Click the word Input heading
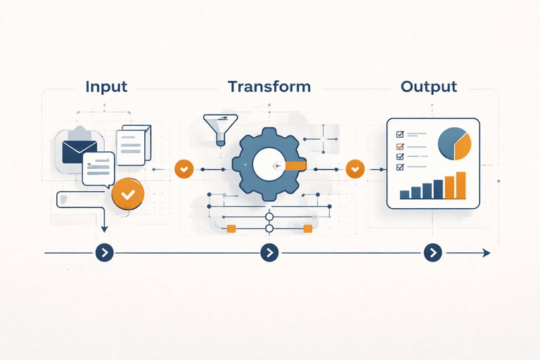(106, 87)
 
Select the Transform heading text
(269, 87)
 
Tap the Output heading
(428, 87)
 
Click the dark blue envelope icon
(79, 151)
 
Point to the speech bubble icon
(98, 168)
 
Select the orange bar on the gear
(295, 166)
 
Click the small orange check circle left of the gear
(184, 169)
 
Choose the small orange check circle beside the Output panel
(356, 169)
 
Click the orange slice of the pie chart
(463, 146)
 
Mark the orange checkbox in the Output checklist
(400, 147)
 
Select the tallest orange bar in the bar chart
(461, 185)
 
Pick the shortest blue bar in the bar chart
(404, 194)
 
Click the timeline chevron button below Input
(104, 252)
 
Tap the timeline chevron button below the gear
(269, 252)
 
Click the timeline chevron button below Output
(432, 252)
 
